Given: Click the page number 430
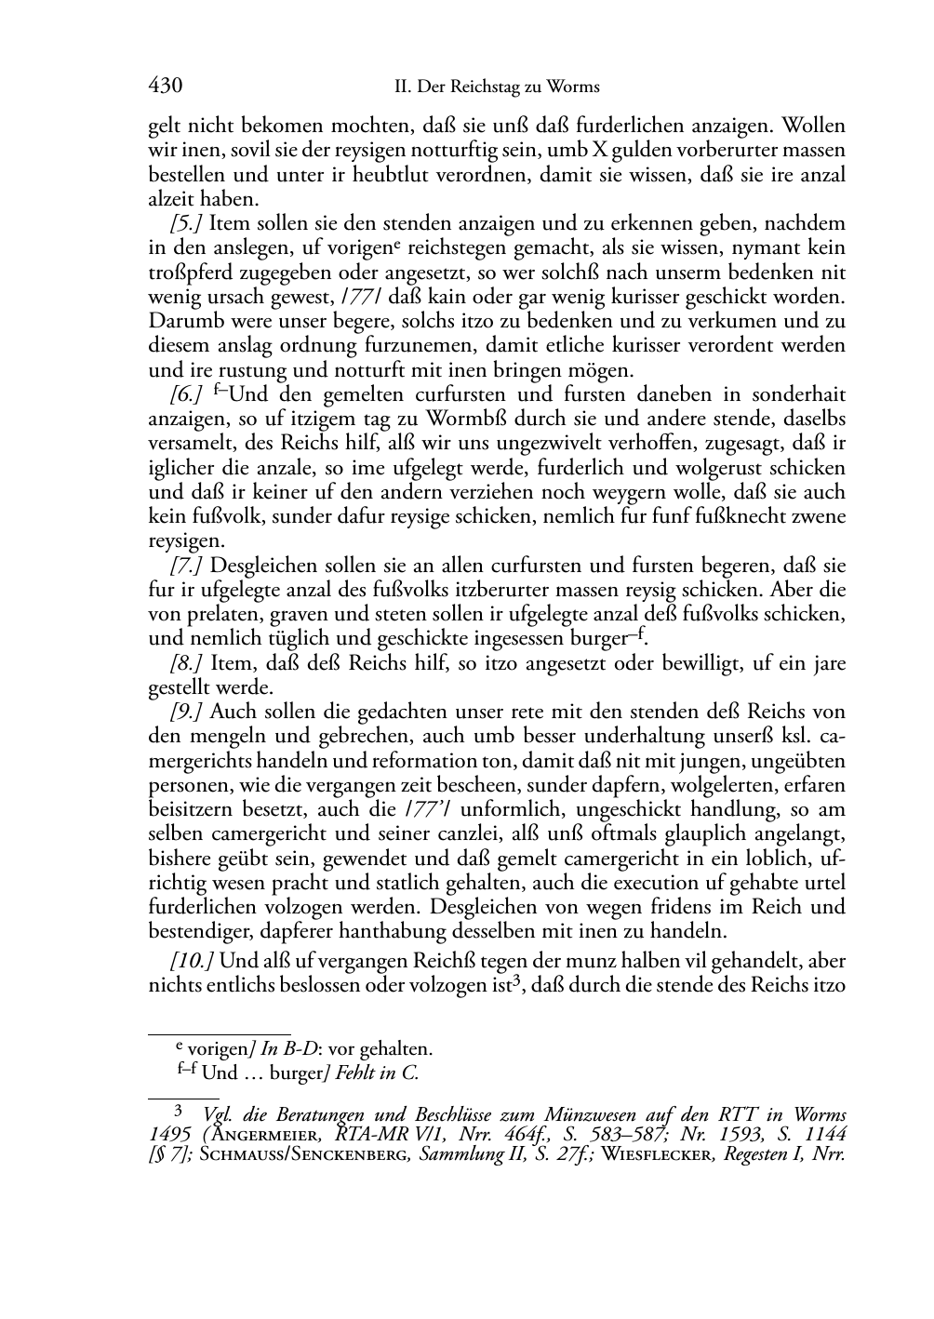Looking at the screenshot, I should pos(165,87).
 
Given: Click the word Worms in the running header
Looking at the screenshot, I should pos(574,87).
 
